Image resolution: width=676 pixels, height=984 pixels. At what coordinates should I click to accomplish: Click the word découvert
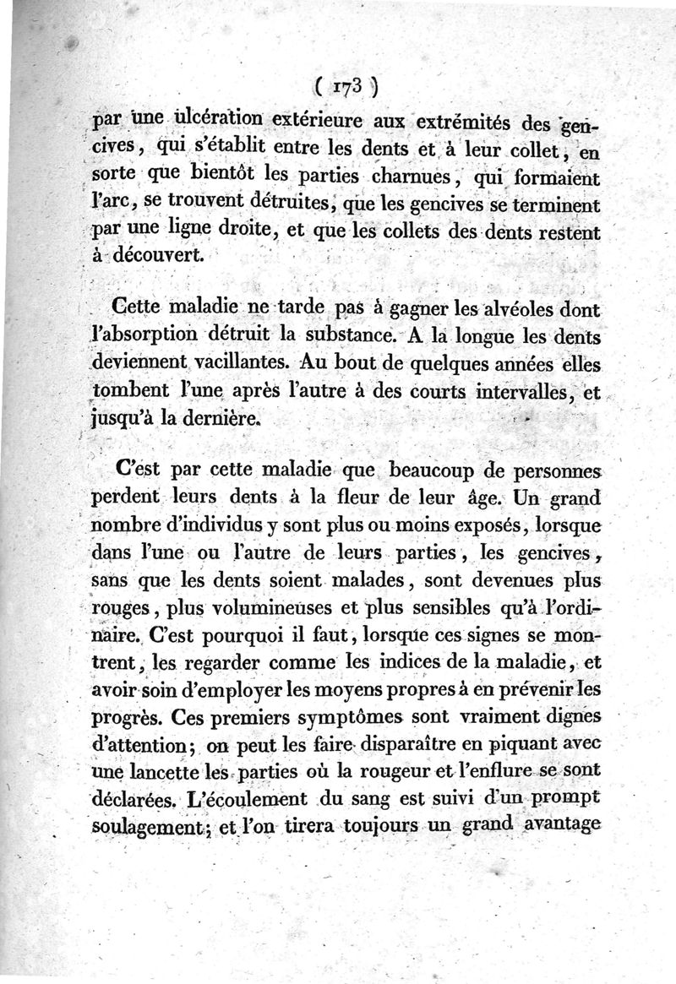coord(162,256)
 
